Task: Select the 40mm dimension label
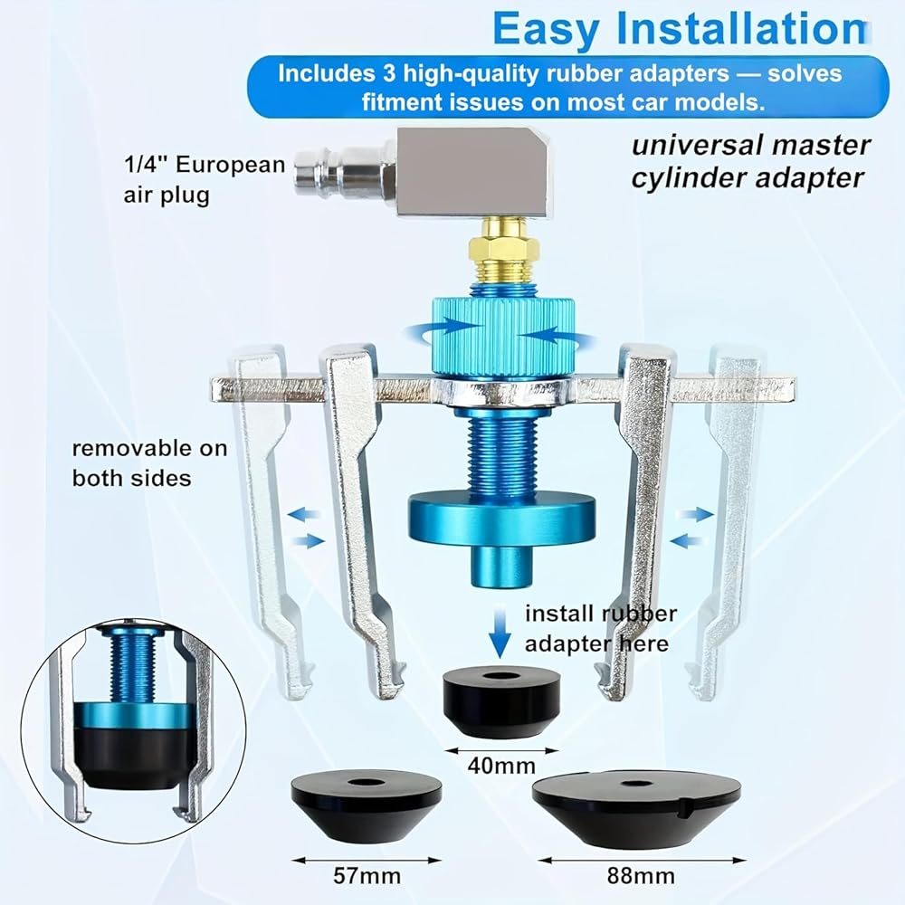tap(501, 766)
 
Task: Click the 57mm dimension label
tap(367, 876)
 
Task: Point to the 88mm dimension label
tap(641, 876)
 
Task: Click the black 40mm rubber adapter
tap(501, 703)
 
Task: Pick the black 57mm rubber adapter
tap(367, 807)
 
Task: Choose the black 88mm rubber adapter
tap(636, 810)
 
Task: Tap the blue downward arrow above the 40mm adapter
tap(500, 631)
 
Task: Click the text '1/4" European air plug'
tap(205, 179)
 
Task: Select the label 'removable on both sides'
tap(150, 462)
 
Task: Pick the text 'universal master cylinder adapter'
tap(750, 161)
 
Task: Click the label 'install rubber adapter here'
tap(600, 628)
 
